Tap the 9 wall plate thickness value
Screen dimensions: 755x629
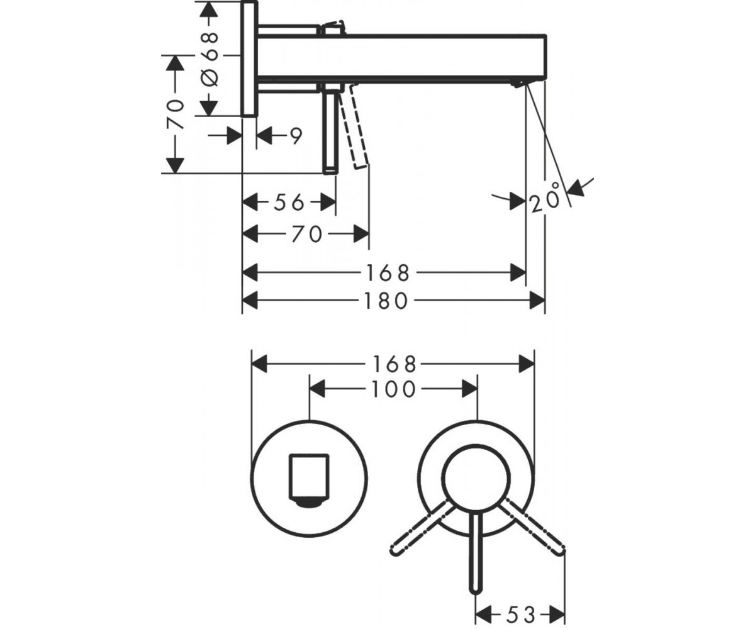coord(296,136)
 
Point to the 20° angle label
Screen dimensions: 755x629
coord(545,198)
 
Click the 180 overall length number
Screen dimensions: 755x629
coord(386,301)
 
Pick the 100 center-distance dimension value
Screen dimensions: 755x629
coord(394,390)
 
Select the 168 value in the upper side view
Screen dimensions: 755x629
coord(388,273)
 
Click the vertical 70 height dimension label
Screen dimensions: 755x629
coord(176,113)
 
